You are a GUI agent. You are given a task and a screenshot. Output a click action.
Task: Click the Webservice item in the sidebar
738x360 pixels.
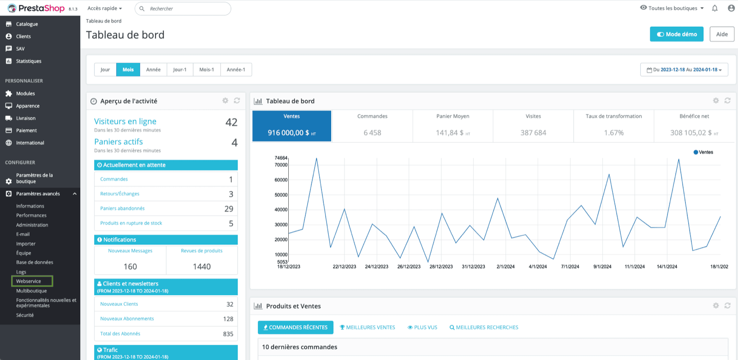tap(29, 281)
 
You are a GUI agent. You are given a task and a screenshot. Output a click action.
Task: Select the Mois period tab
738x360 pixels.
tap(128, 70)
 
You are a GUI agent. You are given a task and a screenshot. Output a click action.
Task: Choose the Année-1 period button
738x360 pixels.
tap(236, 70)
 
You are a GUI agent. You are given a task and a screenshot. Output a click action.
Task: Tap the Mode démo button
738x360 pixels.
tap(676, 34)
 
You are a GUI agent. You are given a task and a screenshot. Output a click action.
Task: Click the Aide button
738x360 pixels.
tap(722, 34)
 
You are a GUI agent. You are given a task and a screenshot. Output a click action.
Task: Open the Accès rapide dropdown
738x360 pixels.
tap(104, 8)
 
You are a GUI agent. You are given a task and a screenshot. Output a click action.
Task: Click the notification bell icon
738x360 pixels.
tap(714, 8)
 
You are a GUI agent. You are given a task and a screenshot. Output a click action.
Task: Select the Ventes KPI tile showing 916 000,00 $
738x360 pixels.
tap(292, 126)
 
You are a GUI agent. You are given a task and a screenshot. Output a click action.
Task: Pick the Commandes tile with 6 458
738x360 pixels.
tap(372, 126)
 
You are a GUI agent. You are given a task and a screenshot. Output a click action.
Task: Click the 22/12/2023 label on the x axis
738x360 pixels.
tap(344, 266)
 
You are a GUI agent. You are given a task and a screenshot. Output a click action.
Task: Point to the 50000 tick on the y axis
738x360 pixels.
tap(281, 195)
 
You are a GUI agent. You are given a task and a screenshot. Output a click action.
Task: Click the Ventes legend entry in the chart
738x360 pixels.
tap(703, 152)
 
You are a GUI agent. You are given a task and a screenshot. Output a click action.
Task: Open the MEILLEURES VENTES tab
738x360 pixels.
tap(367, 327)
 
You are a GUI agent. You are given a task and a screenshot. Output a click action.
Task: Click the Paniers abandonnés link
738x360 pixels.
tap(122, 208)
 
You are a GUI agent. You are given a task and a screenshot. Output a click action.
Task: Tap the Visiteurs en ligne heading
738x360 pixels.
tap(125, 121)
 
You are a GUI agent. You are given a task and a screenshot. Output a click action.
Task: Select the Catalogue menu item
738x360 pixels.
tap(27, 24)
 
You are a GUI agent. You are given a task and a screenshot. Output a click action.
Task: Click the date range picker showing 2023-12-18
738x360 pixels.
tap(684, 70)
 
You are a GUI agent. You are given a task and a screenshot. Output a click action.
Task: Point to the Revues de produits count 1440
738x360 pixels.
tap(202, 266)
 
